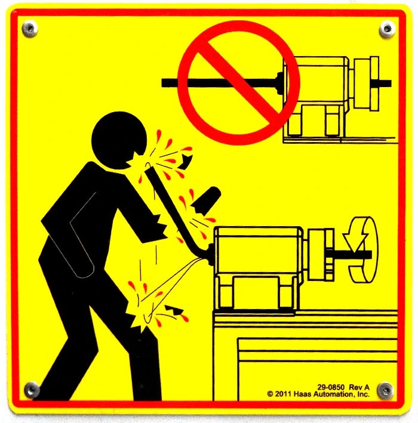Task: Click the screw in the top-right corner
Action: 387,28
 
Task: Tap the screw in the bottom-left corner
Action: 31,390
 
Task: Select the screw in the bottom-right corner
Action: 386,390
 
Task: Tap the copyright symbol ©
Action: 270,394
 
